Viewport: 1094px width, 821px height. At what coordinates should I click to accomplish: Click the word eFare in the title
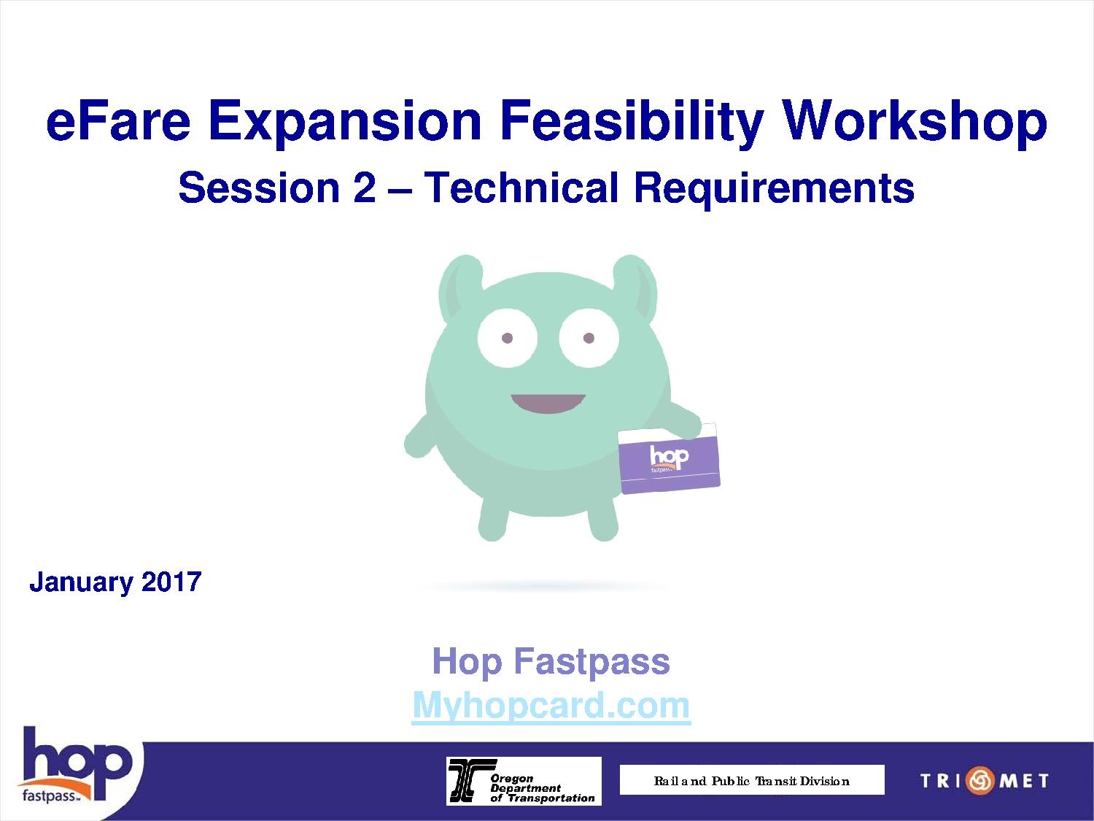[x=119, y=120]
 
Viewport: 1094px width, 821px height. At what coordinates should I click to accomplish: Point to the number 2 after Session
[x=365, y=188]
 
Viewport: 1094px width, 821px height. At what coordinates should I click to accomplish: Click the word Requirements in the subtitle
[x=774, y=190]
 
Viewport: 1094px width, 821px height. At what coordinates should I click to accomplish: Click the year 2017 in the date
[x=171, y=582]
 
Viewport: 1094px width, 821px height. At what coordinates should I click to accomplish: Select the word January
[x=81, y=583]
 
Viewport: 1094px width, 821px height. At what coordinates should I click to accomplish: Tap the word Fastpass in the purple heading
[x=592, y=662]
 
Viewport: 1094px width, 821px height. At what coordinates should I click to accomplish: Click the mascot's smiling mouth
[x=548, y=404]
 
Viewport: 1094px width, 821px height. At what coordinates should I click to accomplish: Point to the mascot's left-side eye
[x=507, y=338]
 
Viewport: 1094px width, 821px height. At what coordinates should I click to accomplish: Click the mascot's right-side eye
[x=589, y=338]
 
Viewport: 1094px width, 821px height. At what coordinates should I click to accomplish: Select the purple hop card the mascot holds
[x=669, y=458]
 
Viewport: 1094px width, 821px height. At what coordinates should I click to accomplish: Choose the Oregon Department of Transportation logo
[x=524, y=781]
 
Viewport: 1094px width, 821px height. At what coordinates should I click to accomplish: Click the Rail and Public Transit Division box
[x=752, y=780]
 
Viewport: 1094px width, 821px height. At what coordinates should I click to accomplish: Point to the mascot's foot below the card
[x=604, y=523]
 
